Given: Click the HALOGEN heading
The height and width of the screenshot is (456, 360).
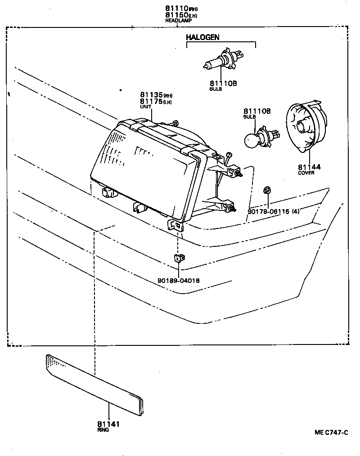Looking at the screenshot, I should (x=202, y=38).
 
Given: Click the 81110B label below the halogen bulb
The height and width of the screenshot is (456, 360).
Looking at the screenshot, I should (x=223, y=83).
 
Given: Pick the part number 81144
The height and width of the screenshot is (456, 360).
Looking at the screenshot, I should (x=309, y=167).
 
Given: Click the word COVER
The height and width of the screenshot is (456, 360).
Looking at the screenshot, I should (x=306, y=173).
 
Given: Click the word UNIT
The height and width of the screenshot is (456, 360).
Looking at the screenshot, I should (x=145, y=107).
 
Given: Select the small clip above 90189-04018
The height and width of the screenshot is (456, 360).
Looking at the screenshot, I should (x=178, y=259).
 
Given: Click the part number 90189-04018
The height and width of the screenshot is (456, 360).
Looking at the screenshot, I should (x=179, y=280).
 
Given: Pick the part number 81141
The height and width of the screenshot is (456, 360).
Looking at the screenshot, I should (x=108, y=424).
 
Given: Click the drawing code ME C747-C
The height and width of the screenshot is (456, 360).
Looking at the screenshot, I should (x=331, y=433).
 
